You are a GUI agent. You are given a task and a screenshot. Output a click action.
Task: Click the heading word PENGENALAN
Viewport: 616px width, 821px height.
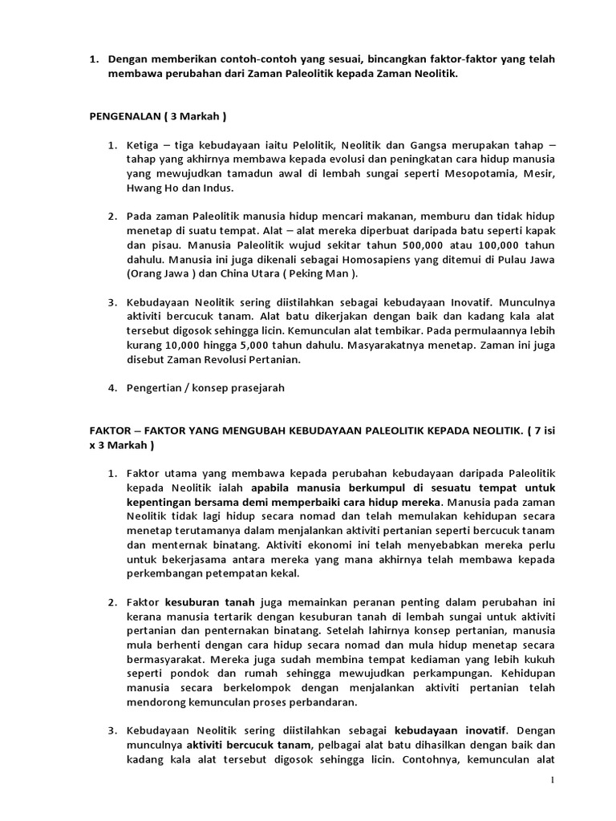pos(122,115)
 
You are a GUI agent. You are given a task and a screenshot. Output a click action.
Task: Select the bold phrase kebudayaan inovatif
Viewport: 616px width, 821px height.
pos(453,730)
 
